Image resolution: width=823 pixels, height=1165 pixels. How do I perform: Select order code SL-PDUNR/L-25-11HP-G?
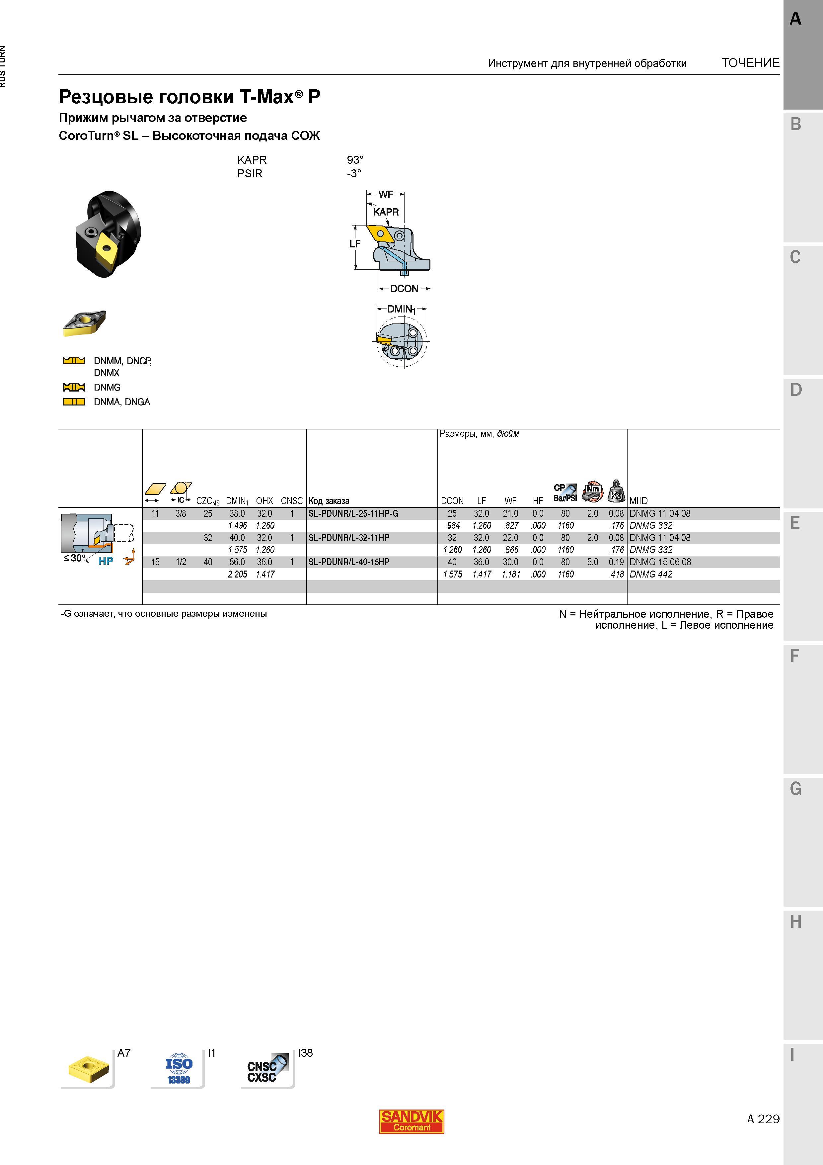[x=353, y=513]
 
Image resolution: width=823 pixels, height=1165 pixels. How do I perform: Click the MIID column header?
[x=638, y=501]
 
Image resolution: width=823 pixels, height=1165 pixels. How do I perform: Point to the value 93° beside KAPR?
[x=355, y=160]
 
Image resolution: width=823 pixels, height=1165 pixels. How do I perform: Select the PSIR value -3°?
[x=354, y=174]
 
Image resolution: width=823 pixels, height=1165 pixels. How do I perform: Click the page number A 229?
[x=763, y=1119]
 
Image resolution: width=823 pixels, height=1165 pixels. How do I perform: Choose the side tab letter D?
[x=795, y=390]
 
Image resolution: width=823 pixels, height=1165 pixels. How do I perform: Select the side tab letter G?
[x=795, y=788]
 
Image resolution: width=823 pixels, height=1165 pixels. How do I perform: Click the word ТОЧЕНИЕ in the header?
[x=750, y=63]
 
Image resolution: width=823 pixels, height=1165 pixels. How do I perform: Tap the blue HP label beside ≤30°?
[x=106, y=561]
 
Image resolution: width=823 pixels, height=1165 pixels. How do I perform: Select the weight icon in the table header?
[x=616, y=490]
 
